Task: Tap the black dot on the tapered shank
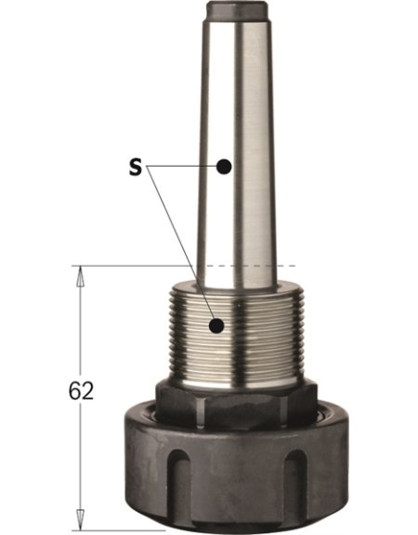[223, 167]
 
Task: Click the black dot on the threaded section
[216, 325]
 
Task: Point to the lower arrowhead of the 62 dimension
[79, 513]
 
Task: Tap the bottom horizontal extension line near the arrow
[102, 519]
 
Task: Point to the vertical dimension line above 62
[79, 325]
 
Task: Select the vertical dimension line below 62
[79, 454]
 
